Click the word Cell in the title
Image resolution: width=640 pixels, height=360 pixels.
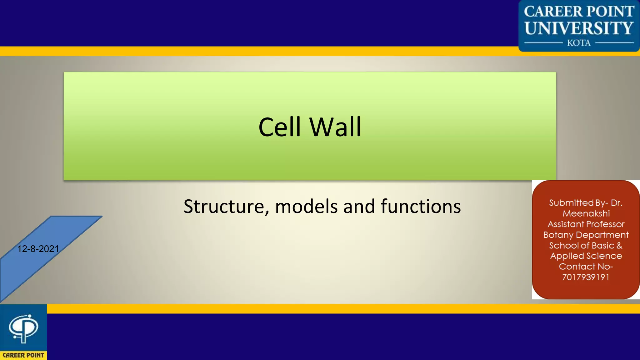279,127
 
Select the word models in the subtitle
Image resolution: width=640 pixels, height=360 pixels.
306,207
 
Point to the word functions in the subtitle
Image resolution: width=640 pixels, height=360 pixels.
421,207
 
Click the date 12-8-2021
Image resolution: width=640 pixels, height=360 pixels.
38,249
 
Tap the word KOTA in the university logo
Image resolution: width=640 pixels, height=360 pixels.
579,43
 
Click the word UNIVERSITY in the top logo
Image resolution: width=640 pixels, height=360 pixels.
579,28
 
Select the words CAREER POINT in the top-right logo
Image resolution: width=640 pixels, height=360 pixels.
579,12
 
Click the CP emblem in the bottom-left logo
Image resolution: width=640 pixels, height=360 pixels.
23,328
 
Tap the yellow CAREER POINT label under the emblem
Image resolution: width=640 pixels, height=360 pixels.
23,355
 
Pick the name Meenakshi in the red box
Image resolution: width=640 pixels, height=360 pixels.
586,214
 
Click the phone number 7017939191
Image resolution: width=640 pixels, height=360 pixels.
586,277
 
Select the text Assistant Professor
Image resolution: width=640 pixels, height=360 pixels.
586,224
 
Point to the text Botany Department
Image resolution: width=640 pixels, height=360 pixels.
586,235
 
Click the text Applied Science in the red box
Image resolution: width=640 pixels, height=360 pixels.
586,256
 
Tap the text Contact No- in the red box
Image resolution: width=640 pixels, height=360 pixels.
586,267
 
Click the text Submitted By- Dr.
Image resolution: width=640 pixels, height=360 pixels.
586,203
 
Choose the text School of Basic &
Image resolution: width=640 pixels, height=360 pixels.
586,246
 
